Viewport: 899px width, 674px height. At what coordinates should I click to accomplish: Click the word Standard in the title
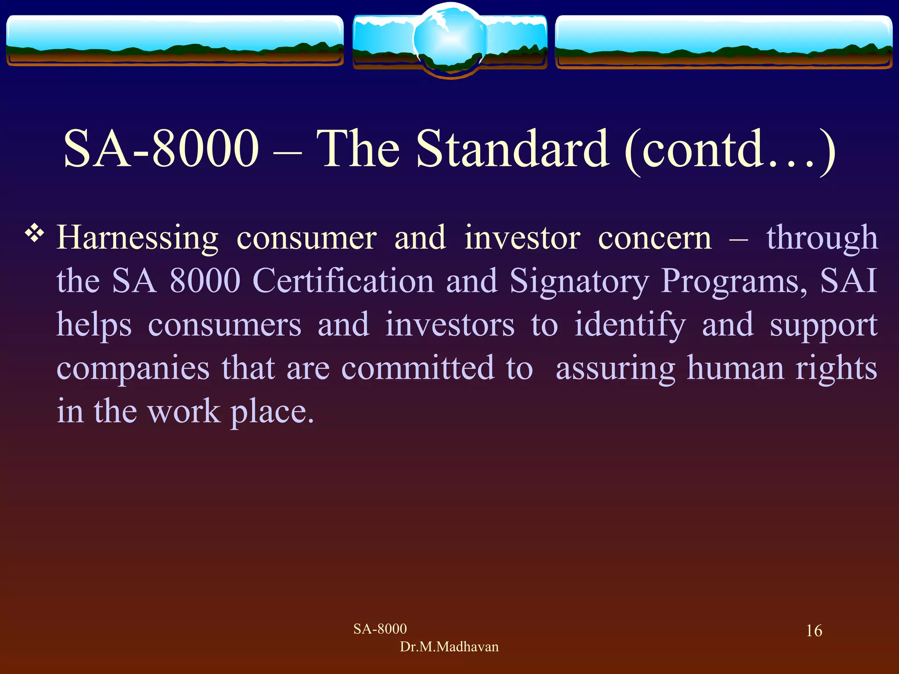(x=513, y=149)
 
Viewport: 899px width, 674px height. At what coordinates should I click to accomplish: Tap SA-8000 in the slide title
(x=161, y=149)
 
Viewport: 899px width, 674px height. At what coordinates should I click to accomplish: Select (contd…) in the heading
(x=729, y=149)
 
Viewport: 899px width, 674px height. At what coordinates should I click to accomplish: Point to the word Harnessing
(x=137, y=238)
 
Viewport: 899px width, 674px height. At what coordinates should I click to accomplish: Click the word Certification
(x=343, y=281)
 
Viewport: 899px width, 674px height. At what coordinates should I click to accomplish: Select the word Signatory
(x=579, y=281)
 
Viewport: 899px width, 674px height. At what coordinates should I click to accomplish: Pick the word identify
(x=630, y=325)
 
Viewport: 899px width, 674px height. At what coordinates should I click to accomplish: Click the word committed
(x=417, y=368)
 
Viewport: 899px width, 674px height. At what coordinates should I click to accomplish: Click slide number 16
(x=814, y=631)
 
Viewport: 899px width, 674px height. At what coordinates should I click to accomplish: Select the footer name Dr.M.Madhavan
(x=449, y=647)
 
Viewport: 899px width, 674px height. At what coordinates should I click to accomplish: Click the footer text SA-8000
(x=380, y=629)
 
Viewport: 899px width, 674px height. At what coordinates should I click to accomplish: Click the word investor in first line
(x=522, y=238)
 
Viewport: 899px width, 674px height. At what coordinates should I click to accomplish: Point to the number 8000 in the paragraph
(x=205, y=281)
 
